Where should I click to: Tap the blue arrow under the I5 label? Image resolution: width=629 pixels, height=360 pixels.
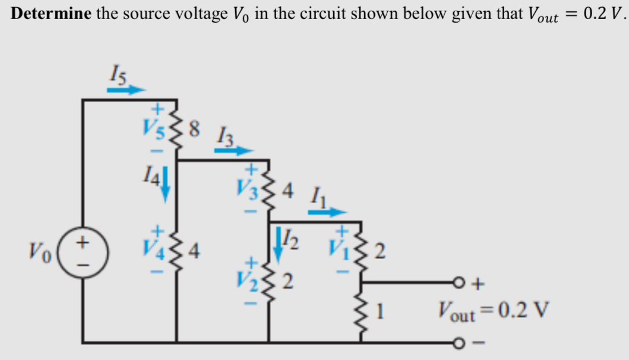click(126, 90)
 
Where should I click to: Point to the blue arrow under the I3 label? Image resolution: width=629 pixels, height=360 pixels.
click(233, 151)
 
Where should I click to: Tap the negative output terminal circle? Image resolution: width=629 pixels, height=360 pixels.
click(458, 343)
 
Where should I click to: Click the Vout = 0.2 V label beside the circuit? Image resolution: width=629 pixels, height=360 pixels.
click(493, 310)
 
